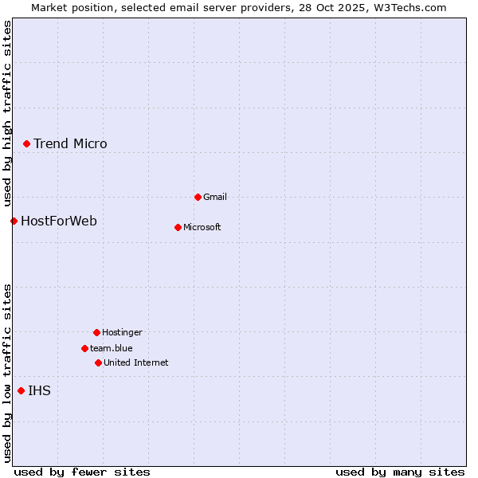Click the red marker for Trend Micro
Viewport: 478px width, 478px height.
(x=26, y=143)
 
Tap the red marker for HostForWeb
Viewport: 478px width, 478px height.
(x=14, y=221)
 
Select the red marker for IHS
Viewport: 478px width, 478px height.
(x=21, y=390)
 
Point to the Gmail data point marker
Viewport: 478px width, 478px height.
(x=198, y=197)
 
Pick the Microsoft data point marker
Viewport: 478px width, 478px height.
(x=178, y=227)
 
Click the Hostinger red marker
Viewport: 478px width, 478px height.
(x=96, y=332)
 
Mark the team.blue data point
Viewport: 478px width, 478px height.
(x=84, y=348)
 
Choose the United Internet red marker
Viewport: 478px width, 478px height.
(x=98, y=362)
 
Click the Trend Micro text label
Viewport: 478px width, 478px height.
(x=70, y=143)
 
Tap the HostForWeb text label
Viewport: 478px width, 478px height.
(x=59, y=221)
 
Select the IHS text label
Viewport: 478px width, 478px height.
(x=39, y=390)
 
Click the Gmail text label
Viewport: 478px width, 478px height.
(x=215, y=197)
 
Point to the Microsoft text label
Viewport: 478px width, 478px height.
(x=202, y=227)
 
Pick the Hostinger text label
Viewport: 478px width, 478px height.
(x=122, y=332)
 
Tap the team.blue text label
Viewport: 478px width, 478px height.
(x=112, y=348)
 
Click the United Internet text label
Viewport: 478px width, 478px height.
(x=136, y=362)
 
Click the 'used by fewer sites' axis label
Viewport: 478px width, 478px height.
(x=82, y=472)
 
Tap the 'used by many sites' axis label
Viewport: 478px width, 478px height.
(x=400, y=472)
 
